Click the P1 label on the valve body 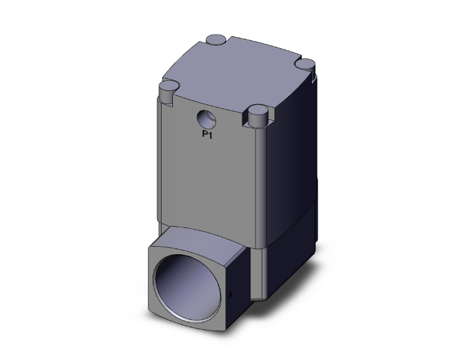point(207,134)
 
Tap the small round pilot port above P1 point(205,117)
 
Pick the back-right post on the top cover point(306,64)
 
